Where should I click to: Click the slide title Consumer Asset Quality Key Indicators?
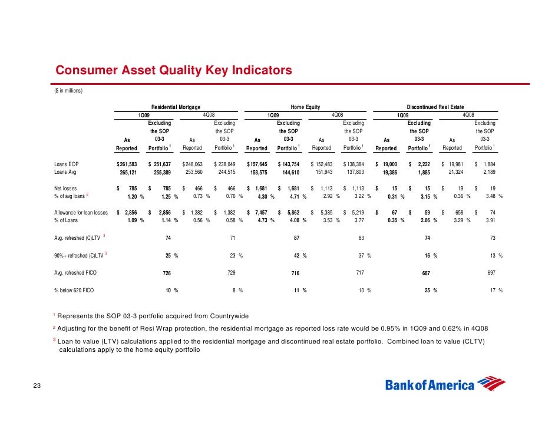pyautogui.click(x=173, y=70)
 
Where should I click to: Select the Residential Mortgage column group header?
pyautogui.click(x=176, y=107)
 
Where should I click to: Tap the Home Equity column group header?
pyautogui.click(x=305, y=107)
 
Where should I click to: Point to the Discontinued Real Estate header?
pyautogui.click(x=435, y=107)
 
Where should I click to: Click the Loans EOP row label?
pyautogui.click(x=66, y=164)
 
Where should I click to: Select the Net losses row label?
pyautogui.click(x=65, y=189)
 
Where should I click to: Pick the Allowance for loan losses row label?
pyautogui.click(x=81, y=212)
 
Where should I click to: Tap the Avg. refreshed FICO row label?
pyautogui.click(x=75, y=273)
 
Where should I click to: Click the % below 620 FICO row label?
pyautogui.click(x=74, y=291)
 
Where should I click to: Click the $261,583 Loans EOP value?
pyautogui.click(x=127, y=164)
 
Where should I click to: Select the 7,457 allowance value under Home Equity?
pyautogui.click(x=261, y=212)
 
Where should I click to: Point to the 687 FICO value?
pyautogui.click(x=426, y=273)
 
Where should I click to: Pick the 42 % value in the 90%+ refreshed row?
pyautogui.click(x=300, y=256)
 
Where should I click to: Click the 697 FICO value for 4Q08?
pyautogui.click(x=491, y=273)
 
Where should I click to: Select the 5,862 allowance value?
pyautogui.click(x=293, y=212)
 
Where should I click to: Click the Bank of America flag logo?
pyautogui.click(x=491, y=384)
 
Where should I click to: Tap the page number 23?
pyautogui.click(x=37, y=385)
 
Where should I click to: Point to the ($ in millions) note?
pyautogui.click(x=68, y=91)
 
